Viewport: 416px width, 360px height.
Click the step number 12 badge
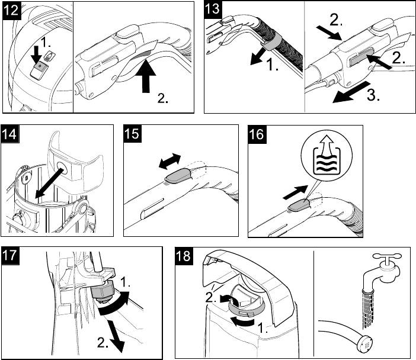(13, 11)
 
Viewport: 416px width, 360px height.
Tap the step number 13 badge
(215, 11)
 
